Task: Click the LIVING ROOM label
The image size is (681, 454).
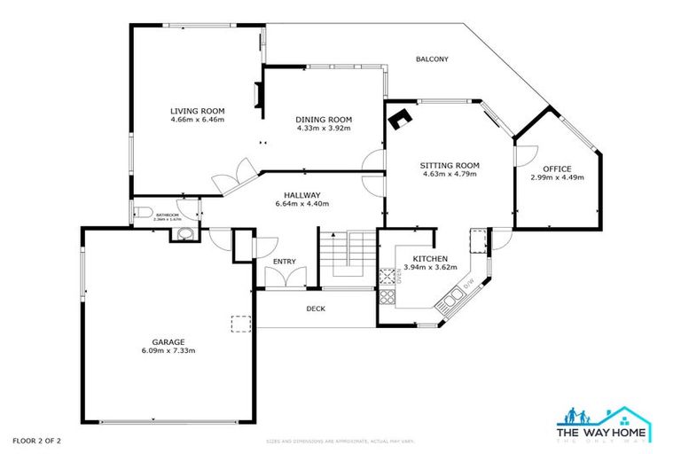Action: [197, 111]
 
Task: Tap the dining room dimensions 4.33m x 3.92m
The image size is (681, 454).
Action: [324, 129]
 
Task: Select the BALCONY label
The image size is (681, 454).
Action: [433, 59]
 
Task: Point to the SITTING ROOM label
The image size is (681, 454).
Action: [450, 165]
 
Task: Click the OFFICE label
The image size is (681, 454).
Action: [557, 168]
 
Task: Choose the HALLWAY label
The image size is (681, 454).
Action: [301, 195]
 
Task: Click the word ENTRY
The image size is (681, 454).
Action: [284, 262]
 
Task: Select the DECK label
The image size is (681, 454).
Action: [316, 309]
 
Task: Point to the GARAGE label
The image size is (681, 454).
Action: [167, 341]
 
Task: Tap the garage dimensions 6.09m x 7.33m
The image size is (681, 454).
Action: [167, 350]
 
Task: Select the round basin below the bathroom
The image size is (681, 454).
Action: [184, 234]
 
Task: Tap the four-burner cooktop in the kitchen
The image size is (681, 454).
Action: [387, 277]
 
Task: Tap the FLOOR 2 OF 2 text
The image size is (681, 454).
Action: [37, 440]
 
